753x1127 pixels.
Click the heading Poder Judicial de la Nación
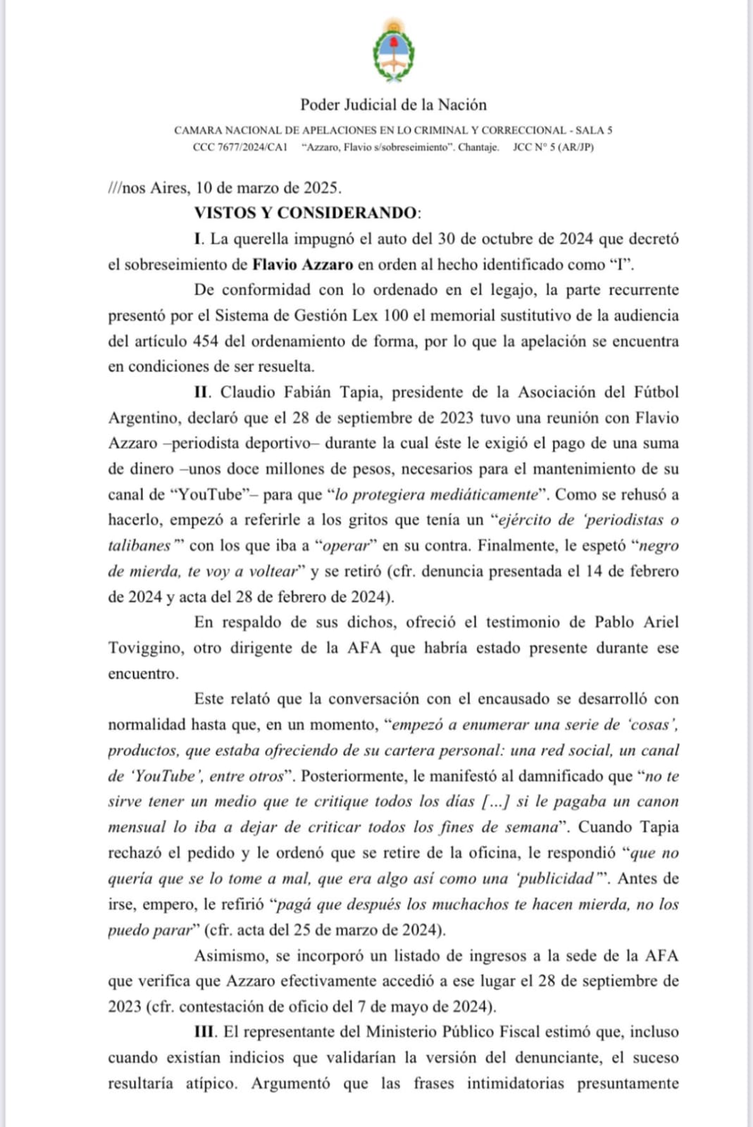(x=393, y=105)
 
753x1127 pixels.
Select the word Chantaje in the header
(x=478, y=147)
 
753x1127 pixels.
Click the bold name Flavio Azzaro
(x=303, y=265)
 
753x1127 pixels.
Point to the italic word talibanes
(x=139, y=545)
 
